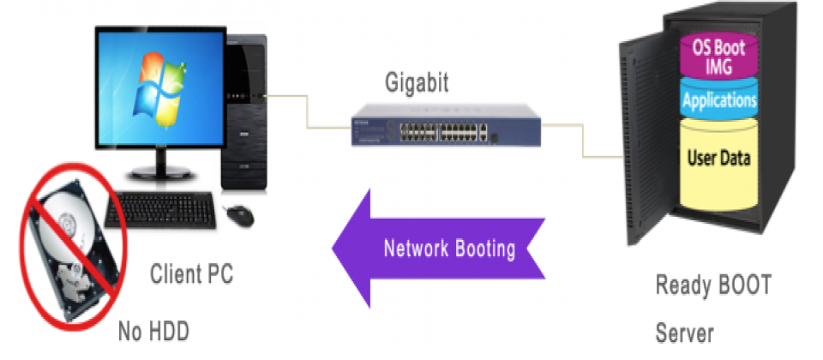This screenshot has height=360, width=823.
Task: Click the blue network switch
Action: [x=445, y=129]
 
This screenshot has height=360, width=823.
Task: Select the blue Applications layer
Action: [x=718, y=101]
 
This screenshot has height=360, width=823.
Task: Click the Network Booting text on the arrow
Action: [x=449, y=249]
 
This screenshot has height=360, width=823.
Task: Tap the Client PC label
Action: [x=191, y=275]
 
